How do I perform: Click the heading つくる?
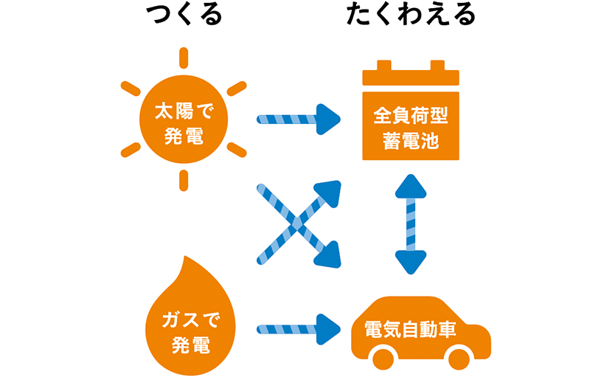point(184,15)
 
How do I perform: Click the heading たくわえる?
point(411,15)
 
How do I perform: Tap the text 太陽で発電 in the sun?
point(183,123)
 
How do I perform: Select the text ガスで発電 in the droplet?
point(181,331)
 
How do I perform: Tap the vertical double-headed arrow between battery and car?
point(411,224)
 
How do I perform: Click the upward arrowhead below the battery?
point(411,186)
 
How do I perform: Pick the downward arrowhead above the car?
point(411,261)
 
